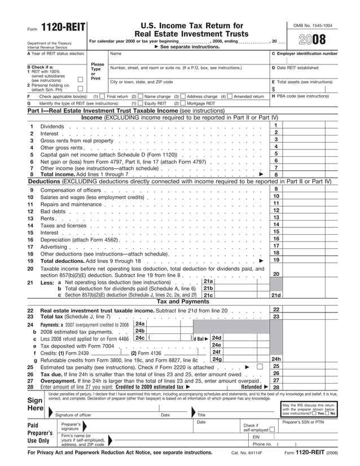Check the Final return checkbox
(x=103, y=96)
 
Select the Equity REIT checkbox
(x=141, y=103)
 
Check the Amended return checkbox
(x=230, y=96)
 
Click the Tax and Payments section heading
(x=182, y=301)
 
